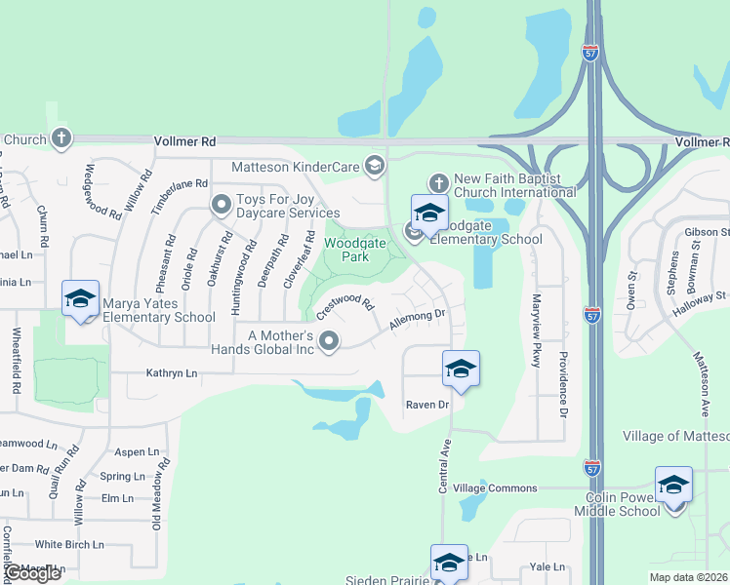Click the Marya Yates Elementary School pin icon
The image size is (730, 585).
point(80,297)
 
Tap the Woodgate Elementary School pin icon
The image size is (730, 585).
point(428,212)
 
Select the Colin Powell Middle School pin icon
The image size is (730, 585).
point(674,484)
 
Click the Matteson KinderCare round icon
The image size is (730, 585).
point(373,165)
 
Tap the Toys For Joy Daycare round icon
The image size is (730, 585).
point(221,204)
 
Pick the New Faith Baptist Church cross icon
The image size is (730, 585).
point(439,182)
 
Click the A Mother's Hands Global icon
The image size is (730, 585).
point(330,341)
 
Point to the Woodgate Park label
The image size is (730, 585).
point(347,250)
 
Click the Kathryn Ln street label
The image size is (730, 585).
point(171,373)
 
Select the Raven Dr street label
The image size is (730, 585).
point(426,404)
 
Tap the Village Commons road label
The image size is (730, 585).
point(495,488)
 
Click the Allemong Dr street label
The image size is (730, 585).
point(418,319)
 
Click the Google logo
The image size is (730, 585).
point(33,573)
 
